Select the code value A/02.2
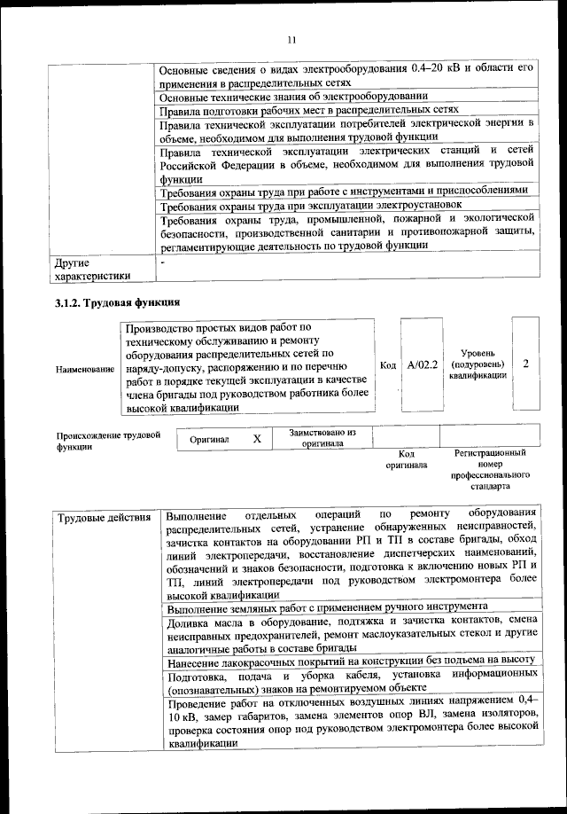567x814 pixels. coord(422,364)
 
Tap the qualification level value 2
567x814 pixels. coord(526,364)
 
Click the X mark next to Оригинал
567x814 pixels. coord(257,439)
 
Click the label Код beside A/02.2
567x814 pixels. coord(388,364)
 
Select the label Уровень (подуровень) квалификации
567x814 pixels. coord(478,364)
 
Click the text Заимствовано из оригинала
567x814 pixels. coord(322,438)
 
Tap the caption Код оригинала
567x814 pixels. coord(407,458)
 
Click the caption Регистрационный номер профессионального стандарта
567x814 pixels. coord(490,469)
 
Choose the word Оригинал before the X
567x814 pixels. coord(210,439)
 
